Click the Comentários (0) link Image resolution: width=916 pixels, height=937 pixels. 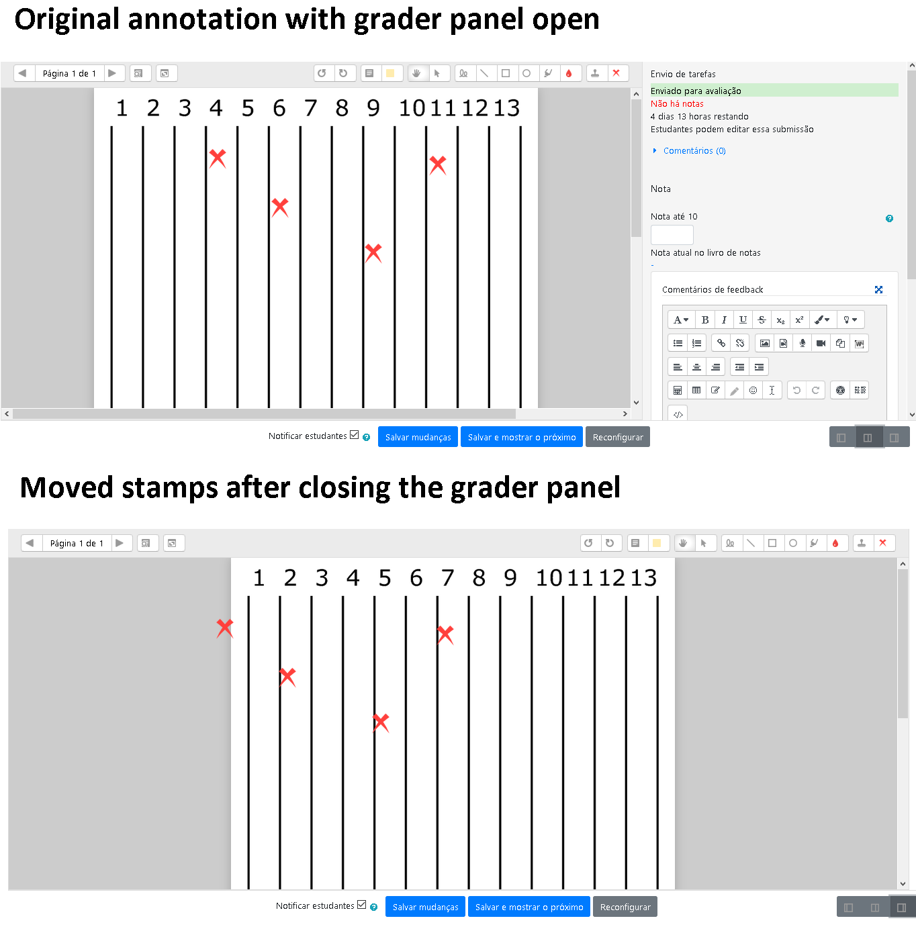[694, 151]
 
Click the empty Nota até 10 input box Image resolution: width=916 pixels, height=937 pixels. [672, 235]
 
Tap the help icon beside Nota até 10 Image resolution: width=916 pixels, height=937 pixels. [889, 219]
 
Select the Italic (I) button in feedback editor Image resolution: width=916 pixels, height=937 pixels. [724, 319]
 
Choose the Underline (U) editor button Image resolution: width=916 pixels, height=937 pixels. [743, 319]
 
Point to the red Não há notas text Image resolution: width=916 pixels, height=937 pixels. [676, 103]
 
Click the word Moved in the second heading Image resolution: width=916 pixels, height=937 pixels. [66, 487]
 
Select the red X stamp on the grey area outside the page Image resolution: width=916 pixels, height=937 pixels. [224, 628]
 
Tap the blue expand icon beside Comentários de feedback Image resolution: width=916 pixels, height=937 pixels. [878, 289]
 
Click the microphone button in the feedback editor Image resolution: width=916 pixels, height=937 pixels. [802, 343]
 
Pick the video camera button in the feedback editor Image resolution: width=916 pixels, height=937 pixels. [821, 343]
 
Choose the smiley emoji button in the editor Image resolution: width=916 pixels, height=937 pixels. [753, 390]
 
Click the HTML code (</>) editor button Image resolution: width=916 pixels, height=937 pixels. [678, 414]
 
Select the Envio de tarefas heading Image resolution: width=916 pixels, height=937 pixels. [683, 74]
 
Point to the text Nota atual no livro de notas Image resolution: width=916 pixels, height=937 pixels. [705, 253]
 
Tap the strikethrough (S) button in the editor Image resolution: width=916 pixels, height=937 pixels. [762, 319]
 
